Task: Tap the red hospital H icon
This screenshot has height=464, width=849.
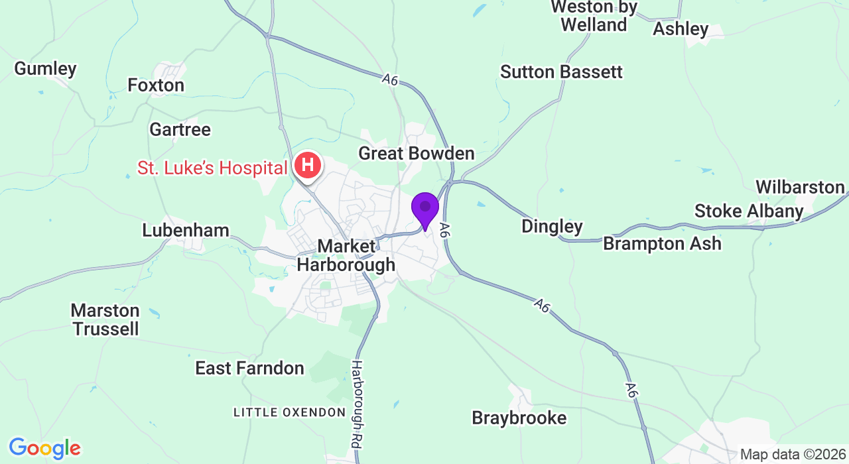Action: pyautogui.click(x=308, y=166)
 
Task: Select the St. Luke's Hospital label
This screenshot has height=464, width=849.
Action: pyautogui.click(x=212, y=168)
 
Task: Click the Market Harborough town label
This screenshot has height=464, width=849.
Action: pyautogui.click(x=346, y=256)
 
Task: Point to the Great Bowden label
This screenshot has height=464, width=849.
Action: pyautogui.click(x=417, y=154)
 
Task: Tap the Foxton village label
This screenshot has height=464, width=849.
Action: pyautogui.click(x=156, y=86)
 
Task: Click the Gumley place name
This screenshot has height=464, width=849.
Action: pyautogui.click(x=45, y=68)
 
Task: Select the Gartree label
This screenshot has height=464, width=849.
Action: pyautogui.click(x=180, y=129)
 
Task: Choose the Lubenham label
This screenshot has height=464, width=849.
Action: pyautogui.click(x=186, y=231)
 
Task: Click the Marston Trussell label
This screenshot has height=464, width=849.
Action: pyautogui.click(x=105, y=319)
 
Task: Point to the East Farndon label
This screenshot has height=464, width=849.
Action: pyautogui.click(x=249, y=369)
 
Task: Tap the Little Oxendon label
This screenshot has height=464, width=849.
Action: pyautogui.click(x=289, y=412)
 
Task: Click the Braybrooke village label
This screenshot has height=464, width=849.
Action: pyautogui.click(x=519, y=418)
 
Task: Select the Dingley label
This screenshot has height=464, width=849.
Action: pyautogui.click(x=552, y=226)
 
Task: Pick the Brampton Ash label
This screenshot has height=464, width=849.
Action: pyautogui.click(x=662, y=243)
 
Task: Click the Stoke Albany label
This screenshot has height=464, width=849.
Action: pyautogui.click(x=749, y=211)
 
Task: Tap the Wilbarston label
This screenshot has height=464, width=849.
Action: pyautogui.click(x=800, y=187)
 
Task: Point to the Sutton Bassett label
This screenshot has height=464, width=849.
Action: pyautogui.click(x=561, y=72)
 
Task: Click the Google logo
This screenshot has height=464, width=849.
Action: pyautogui.click(x=44, y=449)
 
